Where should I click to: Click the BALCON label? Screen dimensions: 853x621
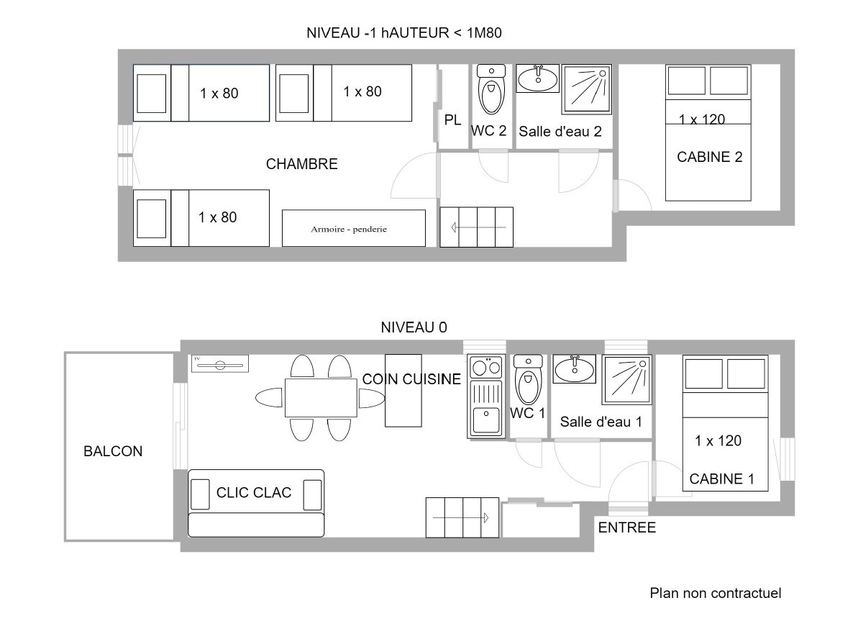(x=113, y=451)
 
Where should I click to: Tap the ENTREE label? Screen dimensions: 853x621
(x=626, y=527)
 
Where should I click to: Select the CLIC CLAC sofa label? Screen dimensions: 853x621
(x=253, y=493)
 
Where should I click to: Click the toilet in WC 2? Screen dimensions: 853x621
(x=491, y=90)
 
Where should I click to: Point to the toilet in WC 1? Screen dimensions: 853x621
(x=528, y=380)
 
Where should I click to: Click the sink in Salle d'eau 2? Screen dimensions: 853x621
(x=537, y=79)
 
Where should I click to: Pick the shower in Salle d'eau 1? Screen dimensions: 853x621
(x=627, y=379)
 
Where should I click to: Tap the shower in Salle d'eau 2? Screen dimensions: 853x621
(x=586, y=89)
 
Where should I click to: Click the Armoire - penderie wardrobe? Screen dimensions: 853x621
(x=354, y=229)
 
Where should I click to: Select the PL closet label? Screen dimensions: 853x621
(x=452, y=120)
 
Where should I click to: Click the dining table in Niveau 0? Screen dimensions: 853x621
(x=321, y=398)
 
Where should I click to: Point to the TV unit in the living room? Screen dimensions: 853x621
(x=220, y=364)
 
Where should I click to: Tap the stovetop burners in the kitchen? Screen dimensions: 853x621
(x=486, y=368)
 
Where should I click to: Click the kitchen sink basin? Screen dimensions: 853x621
(x=485, y=420)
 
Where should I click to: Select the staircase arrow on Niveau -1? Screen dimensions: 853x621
(x=479, y=227)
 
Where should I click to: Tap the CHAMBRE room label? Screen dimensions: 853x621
(x=302, y=164)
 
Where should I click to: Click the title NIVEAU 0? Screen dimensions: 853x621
(x=414, y=327)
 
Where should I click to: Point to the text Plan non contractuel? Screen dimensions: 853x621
(x=716, y=593)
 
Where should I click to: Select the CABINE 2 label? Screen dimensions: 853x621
(x=709, y=157)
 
